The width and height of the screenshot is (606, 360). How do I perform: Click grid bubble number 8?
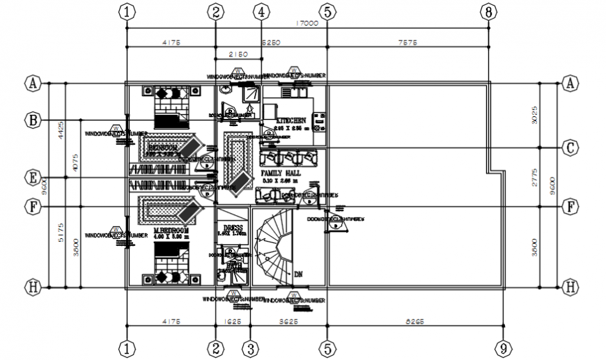[489, 11]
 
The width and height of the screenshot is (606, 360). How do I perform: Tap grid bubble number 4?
[261, 11]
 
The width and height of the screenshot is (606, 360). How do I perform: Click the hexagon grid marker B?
[33, 120]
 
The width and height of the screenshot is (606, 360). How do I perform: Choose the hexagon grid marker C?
[570, 148]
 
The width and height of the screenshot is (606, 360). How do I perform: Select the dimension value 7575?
[407, 42]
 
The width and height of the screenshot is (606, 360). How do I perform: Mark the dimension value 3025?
[535, 115]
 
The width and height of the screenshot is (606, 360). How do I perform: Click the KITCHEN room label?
[291, 120]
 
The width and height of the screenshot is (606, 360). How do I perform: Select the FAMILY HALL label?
[280, 172]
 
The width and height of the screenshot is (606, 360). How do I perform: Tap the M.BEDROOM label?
[171, 230]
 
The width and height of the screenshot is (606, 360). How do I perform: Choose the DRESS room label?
[232, 228]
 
